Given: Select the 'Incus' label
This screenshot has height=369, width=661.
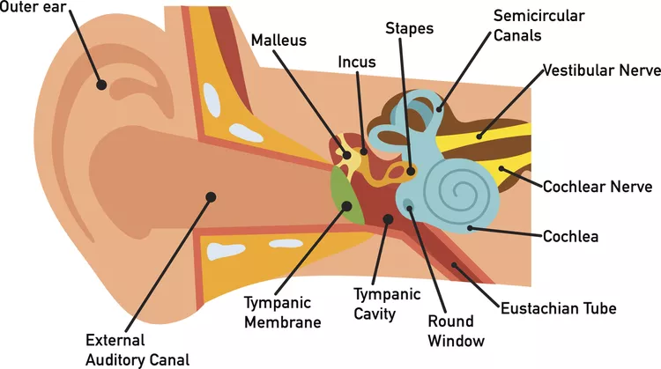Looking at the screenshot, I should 357,63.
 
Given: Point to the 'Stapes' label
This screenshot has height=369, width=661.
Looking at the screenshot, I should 410,29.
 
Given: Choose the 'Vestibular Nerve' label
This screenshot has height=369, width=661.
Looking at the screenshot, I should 597,70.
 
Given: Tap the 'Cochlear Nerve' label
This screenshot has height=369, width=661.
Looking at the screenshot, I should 597,187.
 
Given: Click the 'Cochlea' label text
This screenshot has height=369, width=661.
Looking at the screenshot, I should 570,236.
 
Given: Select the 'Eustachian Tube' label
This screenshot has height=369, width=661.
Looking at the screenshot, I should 558,308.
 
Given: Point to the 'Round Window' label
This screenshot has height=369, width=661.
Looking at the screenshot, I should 450,330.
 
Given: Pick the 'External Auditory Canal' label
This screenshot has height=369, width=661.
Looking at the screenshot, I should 137,349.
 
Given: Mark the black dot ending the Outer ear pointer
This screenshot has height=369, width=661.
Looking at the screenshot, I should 102,85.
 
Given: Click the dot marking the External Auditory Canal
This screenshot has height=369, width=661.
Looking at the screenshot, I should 210,196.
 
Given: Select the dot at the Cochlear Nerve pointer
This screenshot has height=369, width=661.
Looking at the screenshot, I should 501,167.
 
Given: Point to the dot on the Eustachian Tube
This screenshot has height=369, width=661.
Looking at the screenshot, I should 454,265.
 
